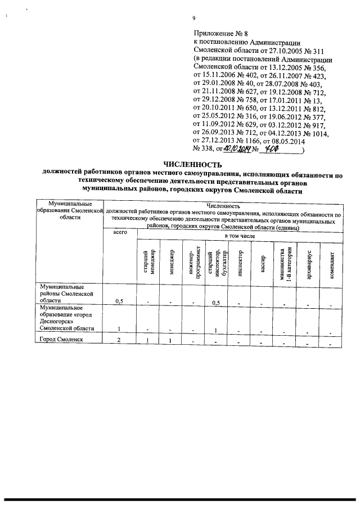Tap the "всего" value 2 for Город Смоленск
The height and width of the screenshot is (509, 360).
[x=119, y=340]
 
